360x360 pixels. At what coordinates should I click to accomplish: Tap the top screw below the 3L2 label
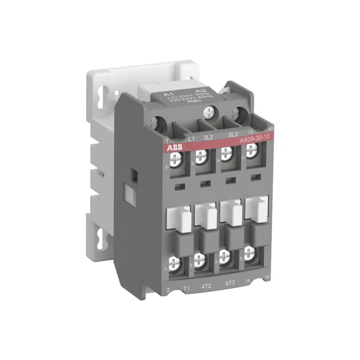click(201, 155)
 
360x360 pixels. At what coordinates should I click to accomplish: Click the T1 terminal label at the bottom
click(184, 286)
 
